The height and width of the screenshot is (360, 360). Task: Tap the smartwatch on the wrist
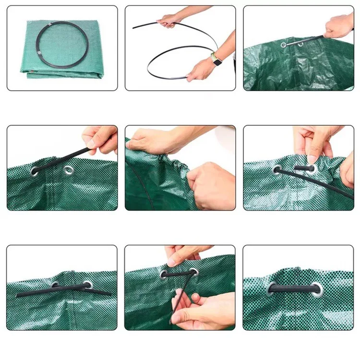[x=217, y=61]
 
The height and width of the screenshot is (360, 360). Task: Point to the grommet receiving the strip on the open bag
[x=284, y=45]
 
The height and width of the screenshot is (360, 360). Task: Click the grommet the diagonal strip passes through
[x=35, y=171]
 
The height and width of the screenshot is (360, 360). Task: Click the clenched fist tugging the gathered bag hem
[x=210, y=185]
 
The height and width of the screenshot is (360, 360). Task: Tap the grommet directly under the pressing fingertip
[x=311, y=168]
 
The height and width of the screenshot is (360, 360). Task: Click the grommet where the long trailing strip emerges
[x=277, y=169]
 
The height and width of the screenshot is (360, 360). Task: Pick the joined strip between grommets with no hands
[x=294, y=288]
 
